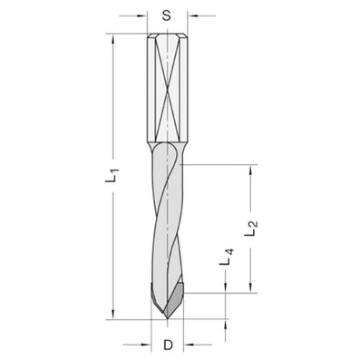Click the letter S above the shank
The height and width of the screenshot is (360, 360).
(x=166, y=15)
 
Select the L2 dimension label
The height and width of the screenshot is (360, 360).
(x=257, y=229)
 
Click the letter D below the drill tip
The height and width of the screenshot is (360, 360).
(x=167, y=345)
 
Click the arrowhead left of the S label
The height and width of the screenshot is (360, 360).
(x=143, y=15)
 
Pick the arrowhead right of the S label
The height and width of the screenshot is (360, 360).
(x=190, y=15)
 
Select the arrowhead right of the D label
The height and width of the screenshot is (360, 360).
(x=188, y=345)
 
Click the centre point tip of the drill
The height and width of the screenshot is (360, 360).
(x=167, y=318)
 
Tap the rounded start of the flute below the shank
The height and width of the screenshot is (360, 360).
(x=167, y=146)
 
